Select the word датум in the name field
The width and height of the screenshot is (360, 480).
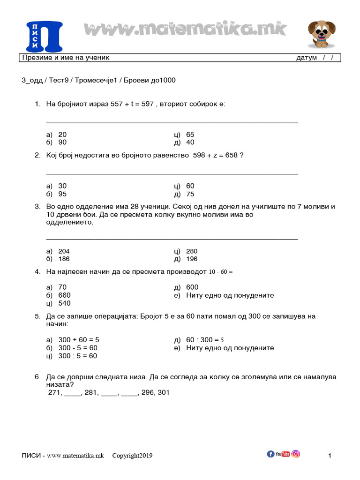[x=307, y=58]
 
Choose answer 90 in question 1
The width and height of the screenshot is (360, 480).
[x=62, y=142]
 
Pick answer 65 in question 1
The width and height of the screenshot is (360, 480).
[x=190, y=135]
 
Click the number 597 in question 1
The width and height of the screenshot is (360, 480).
[x=148, y=104]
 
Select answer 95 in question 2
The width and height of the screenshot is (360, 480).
[x=62, y=194]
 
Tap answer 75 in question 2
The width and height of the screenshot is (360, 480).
[x=190, y=194]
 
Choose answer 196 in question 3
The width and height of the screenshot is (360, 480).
[x=192, y=259]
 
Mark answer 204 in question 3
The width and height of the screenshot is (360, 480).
[x=64, y=251]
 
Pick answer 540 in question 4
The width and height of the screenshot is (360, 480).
[x=64, y=303]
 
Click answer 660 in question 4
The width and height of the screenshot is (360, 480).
[x=64, y=295]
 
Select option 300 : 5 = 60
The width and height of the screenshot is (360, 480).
[x=77, y=356]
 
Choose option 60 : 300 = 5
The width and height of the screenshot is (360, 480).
[x=205, y=340]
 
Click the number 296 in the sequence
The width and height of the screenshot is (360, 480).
[x=147, y=393]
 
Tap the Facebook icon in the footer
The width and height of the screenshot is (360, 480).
[x=270, y=454]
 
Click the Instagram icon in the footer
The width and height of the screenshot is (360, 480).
[x=296, y=454]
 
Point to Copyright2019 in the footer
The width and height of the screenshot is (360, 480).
[x=132, y=456]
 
